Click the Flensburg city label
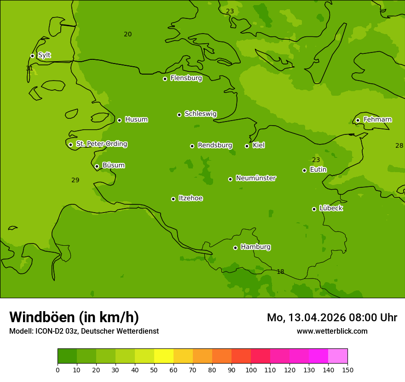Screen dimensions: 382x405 point(186,78)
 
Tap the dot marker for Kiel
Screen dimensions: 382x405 point(247,146)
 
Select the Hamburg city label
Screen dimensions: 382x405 point(255,247)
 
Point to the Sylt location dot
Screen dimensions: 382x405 point(32,56)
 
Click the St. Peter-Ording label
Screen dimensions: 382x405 point(101,144)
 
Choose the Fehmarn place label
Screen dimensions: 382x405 point(377,120)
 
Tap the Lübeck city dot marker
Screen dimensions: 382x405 point(314,209)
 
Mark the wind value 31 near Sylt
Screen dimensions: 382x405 point(29,69)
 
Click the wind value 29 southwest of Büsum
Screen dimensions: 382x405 point(75,180)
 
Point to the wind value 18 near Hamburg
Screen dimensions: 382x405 point(280,272)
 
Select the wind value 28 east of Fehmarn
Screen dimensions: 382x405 point(399,146)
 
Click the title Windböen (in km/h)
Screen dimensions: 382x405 point(74,317)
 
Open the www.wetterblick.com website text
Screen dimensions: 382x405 point(332,331)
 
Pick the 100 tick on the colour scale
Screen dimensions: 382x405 point(251,370)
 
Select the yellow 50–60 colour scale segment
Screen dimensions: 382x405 point(164,356)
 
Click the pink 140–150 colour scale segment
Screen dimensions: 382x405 point(338,356)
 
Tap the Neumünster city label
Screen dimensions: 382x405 point(255,178)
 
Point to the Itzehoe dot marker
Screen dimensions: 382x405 point(173,199)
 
